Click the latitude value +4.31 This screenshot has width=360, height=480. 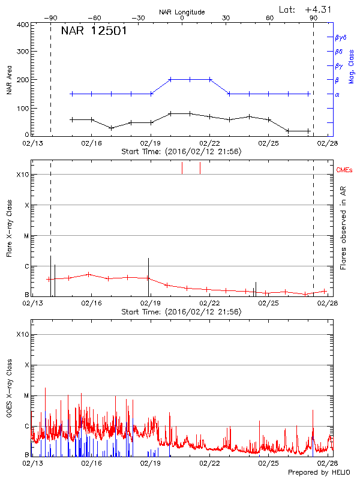click(x=317, y=8)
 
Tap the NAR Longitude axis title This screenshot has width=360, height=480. click(x=182, y=12)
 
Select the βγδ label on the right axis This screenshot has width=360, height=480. click(x=340, y=37)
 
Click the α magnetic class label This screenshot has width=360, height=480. click(x=337, y=94)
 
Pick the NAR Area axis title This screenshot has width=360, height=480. click(x=9, y=80)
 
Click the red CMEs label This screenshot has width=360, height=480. click(x=345, y=172)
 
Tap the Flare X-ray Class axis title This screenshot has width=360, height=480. click(x=9, y=227)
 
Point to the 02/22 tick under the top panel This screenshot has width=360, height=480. click(x=209, y=143)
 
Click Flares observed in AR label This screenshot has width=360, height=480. click(x=343, y=228)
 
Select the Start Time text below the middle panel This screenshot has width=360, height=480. click(x=181, y=312)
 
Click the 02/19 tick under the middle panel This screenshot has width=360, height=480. click(x=150, y=304)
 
